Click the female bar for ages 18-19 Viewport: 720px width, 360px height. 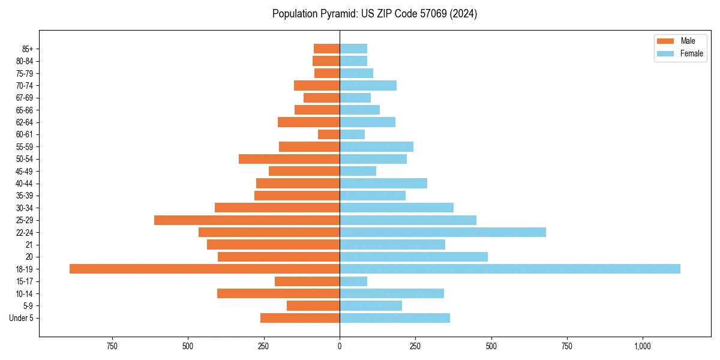510,269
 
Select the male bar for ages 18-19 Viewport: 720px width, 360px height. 205,269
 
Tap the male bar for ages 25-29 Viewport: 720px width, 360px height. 247,220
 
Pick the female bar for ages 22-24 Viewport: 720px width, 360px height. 443,232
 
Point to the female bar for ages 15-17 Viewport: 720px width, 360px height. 353,281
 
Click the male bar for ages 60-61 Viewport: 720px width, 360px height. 329,134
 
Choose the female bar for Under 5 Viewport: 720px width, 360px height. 395,318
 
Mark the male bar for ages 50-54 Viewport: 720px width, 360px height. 289,159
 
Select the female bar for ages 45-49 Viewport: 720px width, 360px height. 358,171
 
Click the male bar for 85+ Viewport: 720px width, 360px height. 326,49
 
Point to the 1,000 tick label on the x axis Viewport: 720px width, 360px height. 643,346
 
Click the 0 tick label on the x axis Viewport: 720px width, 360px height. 340,346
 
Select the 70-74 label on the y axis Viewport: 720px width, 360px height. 25,86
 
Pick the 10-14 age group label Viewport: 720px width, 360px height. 25,293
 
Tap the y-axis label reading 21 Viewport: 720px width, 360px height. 29,245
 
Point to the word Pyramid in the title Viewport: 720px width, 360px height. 338,14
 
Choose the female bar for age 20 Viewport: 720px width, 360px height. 413,257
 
